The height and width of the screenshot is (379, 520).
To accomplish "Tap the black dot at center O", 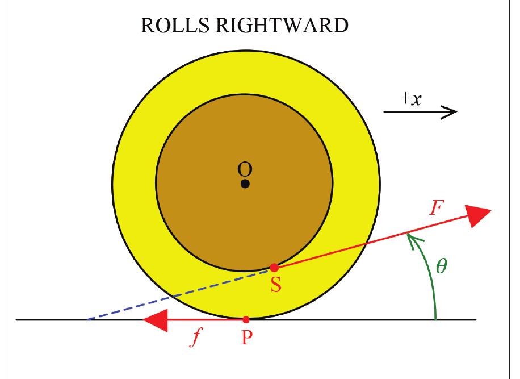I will [245, 184].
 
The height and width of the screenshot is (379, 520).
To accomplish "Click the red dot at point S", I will [274, 267].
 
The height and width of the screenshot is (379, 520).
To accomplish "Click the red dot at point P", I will [246, 320].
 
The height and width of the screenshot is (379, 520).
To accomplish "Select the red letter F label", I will [435, 209].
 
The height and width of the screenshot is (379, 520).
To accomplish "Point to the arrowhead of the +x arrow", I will [450, 112].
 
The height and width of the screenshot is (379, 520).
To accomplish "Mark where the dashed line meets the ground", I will [87, 320].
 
